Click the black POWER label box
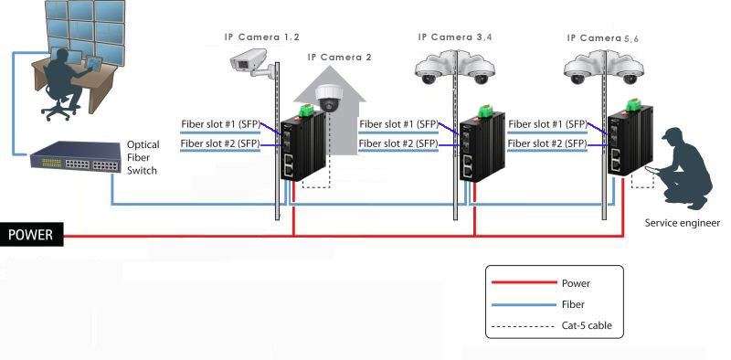[x=31, y=234]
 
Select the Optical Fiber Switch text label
[x=143, y=158]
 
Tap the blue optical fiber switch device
[x=76, y=157]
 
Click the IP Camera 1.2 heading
[x=261, y=37]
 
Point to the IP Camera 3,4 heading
[x=454, y=37]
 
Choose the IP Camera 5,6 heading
[x=603, y=38]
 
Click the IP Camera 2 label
[x=339, y=58]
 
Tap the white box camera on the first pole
[x=252, y=63]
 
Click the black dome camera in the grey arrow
[x=330, y=98]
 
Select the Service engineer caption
[x=682, y=223]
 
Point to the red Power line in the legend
[x=524, y=282]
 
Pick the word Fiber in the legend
[x=573, y=304]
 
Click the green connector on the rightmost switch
[x=632, y=104]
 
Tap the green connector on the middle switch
[x=484, y=111]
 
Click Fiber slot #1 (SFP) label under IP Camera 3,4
[x=398, y=124]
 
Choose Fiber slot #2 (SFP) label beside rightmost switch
[x=547, y=143]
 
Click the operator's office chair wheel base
[x=59, y=111]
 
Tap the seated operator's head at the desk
[x=61, y=58]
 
